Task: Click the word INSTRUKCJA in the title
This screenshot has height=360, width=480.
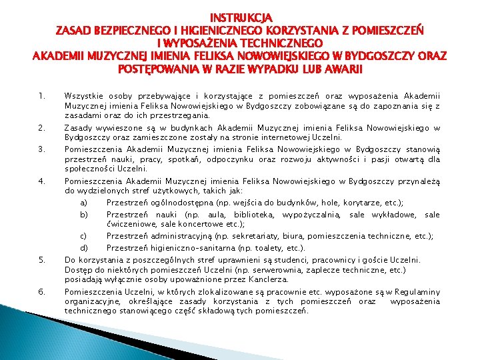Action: tap(241, 16)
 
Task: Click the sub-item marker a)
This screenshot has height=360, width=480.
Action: tap(84, 203)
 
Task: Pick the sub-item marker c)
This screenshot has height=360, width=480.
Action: tap(84, 235)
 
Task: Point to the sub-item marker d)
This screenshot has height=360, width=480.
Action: tap(84, 247)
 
